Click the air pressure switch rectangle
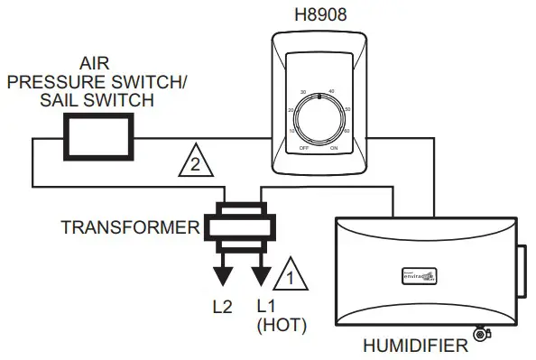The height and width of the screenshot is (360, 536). tap(98, 137)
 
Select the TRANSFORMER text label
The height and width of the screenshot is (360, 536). tap(129, 226)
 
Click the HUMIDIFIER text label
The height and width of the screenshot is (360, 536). tap(414, 344)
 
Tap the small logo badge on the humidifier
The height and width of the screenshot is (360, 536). tap(418, 275)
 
